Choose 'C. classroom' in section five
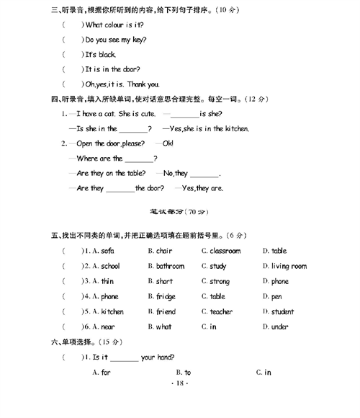coord(221,251)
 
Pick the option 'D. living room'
coord(284,266)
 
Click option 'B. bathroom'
coord(166,266)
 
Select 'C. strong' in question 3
coord(215,281)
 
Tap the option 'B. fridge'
coord(161,296)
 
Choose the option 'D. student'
coord(278,311)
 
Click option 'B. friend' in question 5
coord(161,311)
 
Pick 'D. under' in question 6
coord(276,326)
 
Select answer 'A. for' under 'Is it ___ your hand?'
coord(102,372)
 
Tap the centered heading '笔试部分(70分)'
coord(179,212)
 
